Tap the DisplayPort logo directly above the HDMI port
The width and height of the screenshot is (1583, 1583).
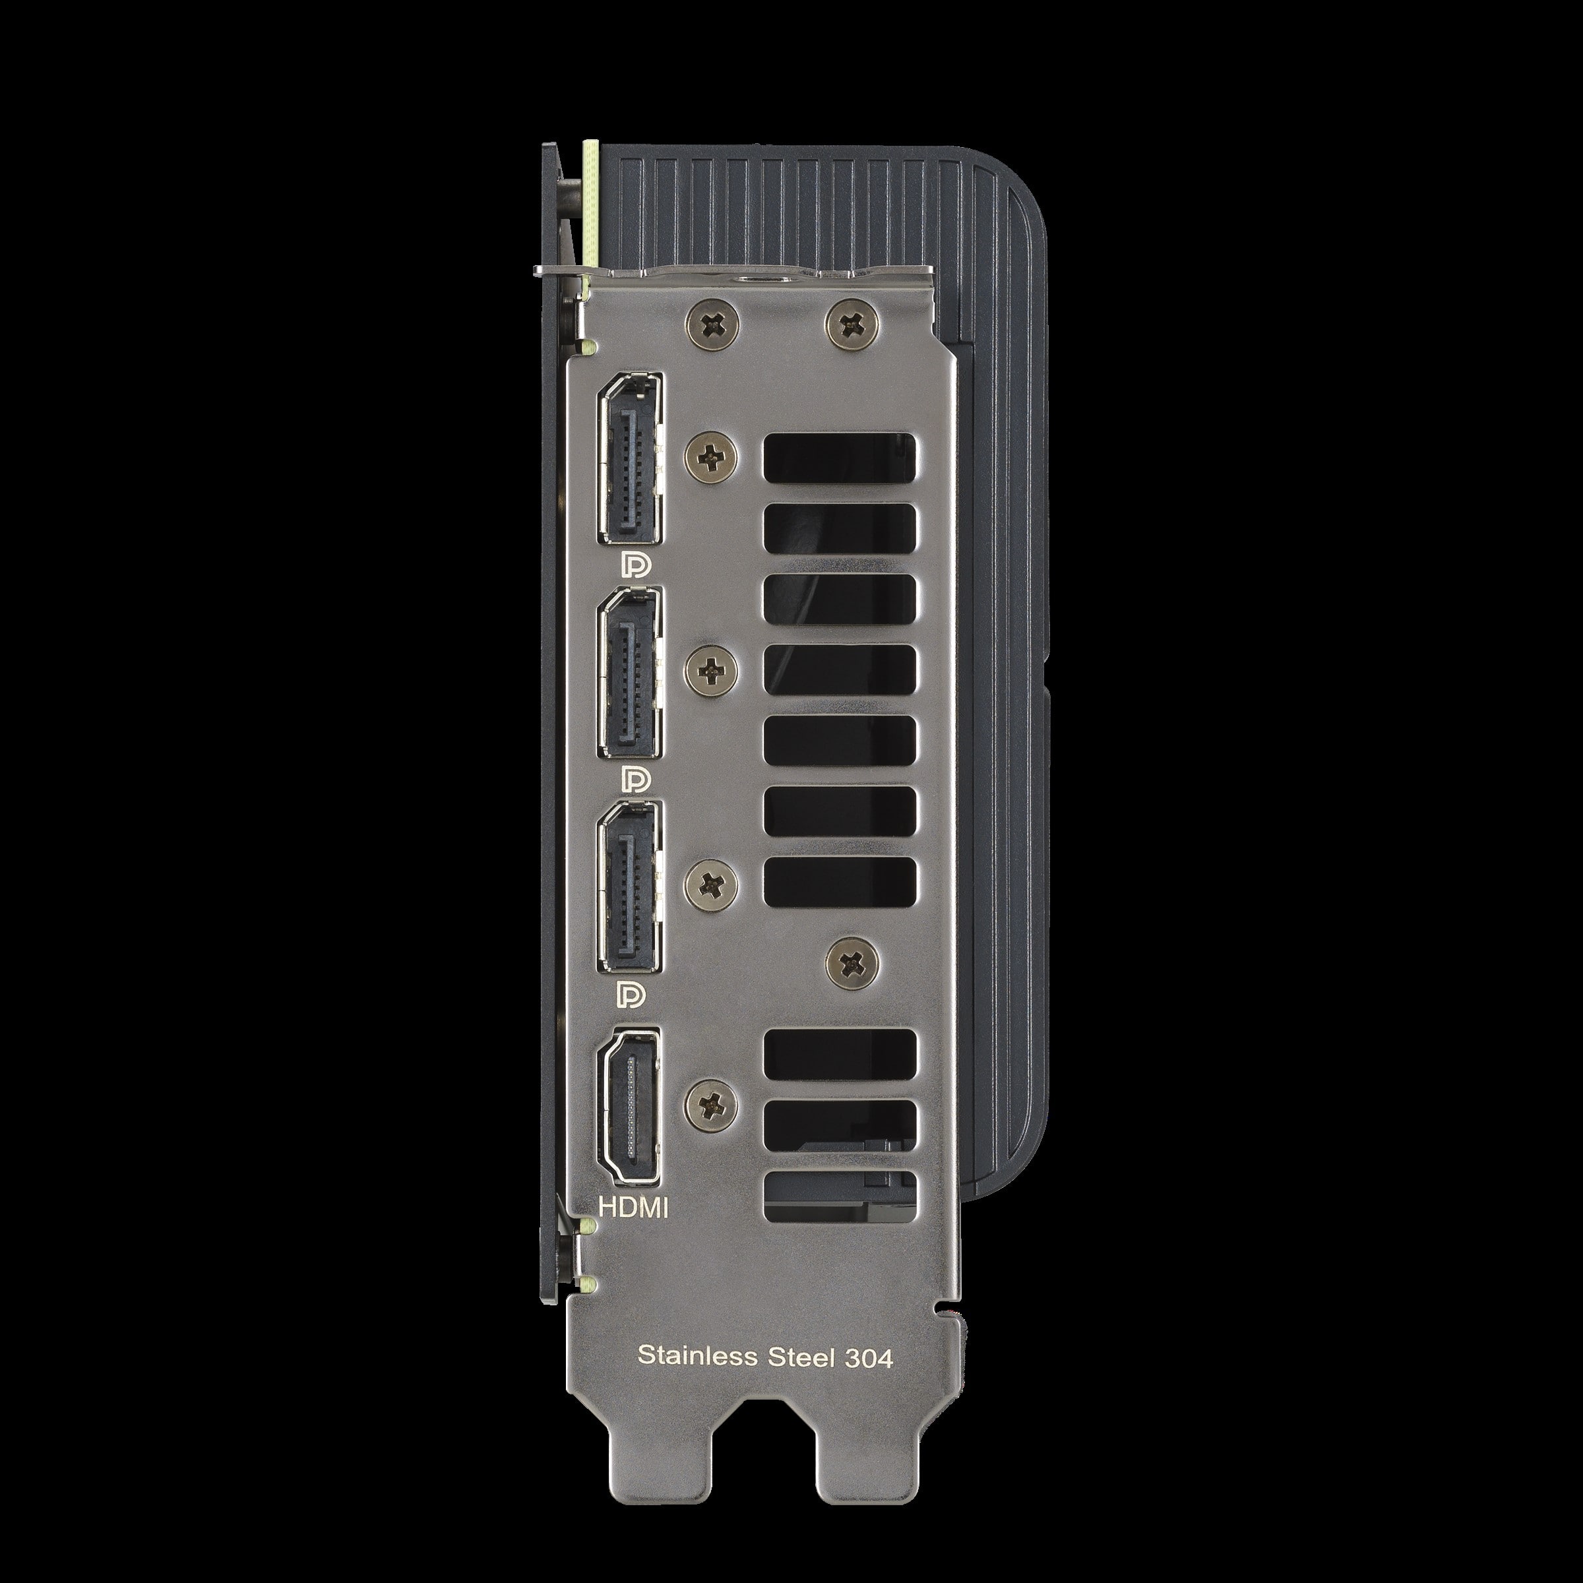[x=632, y=992]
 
